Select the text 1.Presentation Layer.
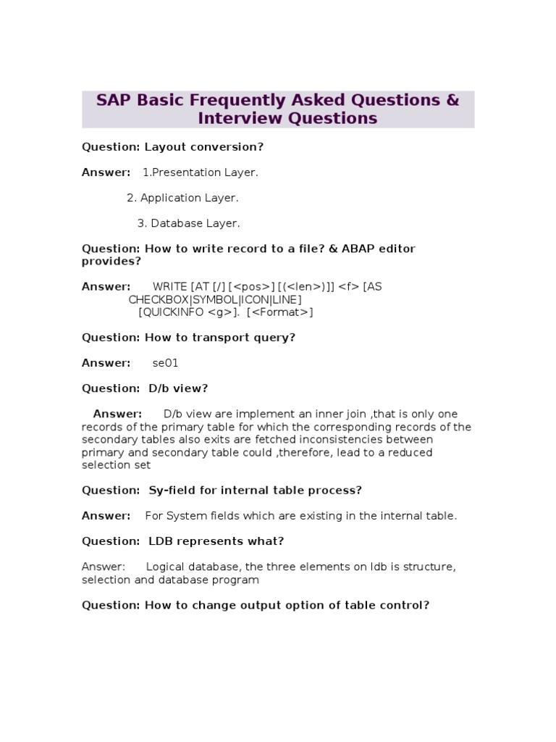click(x=200, y=172)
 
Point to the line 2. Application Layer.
click(x=182, y=198)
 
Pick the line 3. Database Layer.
click(x=188, y=223)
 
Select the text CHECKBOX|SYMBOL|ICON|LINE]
click(x=215, y=299)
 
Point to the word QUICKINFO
click(x=172, y=312)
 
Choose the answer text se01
click(x=165, y=363)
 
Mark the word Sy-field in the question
click(x=172, y=491)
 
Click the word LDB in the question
click(x=161, y=541)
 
